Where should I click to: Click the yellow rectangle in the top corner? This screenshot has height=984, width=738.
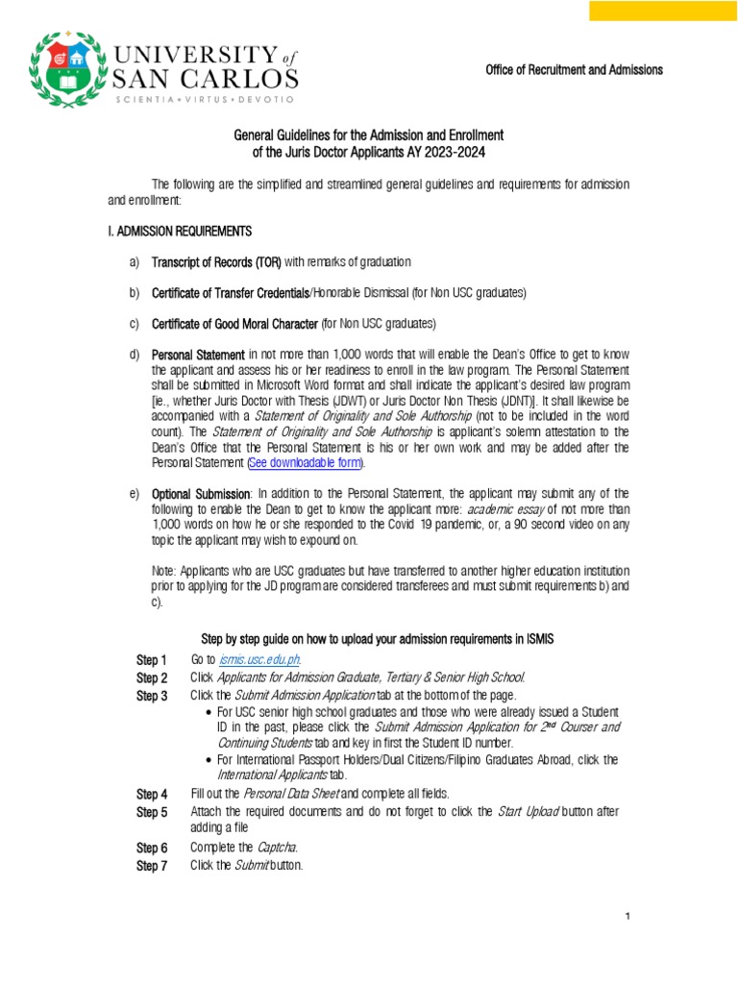[662, 11]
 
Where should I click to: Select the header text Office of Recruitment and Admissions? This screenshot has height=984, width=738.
[574, 70]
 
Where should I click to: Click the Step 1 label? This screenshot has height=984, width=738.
[152, 660]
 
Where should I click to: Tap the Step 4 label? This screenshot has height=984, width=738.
[152, 794]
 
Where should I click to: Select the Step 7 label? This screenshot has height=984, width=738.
[152, 866]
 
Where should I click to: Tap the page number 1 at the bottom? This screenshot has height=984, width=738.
[627, 917]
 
